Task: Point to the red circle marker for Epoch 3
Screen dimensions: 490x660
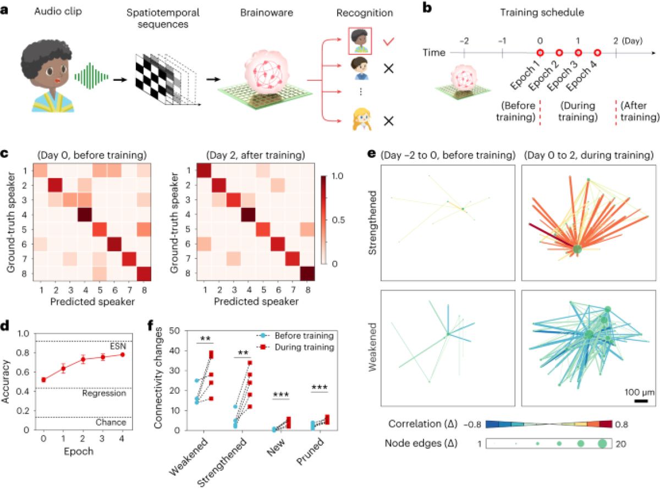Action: (578, 53)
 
